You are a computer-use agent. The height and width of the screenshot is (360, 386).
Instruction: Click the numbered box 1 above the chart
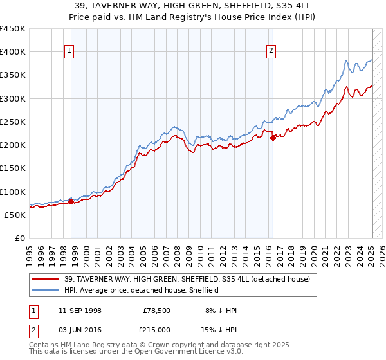click(69, 52)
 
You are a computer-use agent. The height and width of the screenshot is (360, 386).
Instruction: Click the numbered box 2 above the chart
click(271, 52)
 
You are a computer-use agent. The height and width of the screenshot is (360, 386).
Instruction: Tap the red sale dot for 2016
click(273, 138)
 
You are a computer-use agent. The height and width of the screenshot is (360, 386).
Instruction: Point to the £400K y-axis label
click(13, 52)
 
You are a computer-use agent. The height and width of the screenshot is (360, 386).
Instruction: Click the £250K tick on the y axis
click(13, 122)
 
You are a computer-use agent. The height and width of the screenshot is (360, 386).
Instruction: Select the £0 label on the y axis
click(19, 239)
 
